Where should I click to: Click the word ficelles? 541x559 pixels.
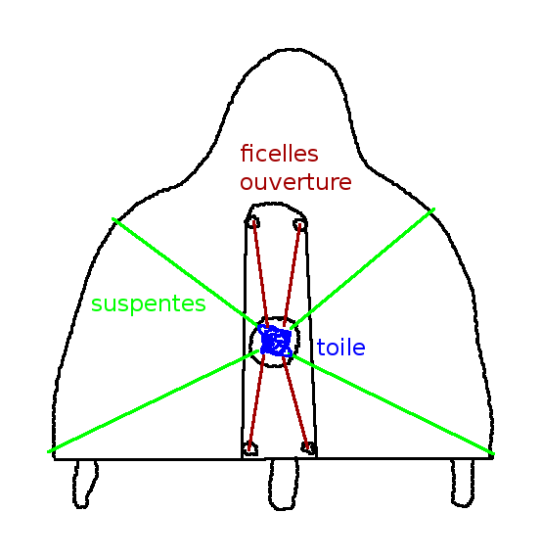[279, 154]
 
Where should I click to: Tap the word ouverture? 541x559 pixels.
[295, 182]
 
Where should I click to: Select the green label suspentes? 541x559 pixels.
[149, 304]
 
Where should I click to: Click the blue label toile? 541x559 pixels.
[340, 347]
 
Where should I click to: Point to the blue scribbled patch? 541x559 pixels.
[276, 341]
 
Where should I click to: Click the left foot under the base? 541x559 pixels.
[85, 484]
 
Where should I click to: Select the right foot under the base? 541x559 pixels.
[463, 483]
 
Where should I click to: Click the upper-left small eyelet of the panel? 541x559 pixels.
[252, 222]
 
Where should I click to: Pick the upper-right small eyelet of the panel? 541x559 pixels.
[300, 224]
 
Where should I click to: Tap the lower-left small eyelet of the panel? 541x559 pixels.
[249, 448]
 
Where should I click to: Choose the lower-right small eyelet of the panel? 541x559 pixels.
[308, 447]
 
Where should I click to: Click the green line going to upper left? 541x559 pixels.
[186, 272]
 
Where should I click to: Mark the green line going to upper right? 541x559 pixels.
[362, 268]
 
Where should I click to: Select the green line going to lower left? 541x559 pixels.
[154, 401]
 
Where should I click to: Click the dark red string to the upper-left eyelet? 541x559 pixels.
[260, 274]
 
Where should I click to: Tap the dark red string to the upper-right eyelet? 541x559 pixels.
[293, 274]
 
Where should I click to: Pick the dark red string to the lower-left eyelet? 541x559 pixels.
[256, 400]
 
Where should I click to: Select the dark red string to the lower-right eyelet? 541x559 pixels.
[295, 401]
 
